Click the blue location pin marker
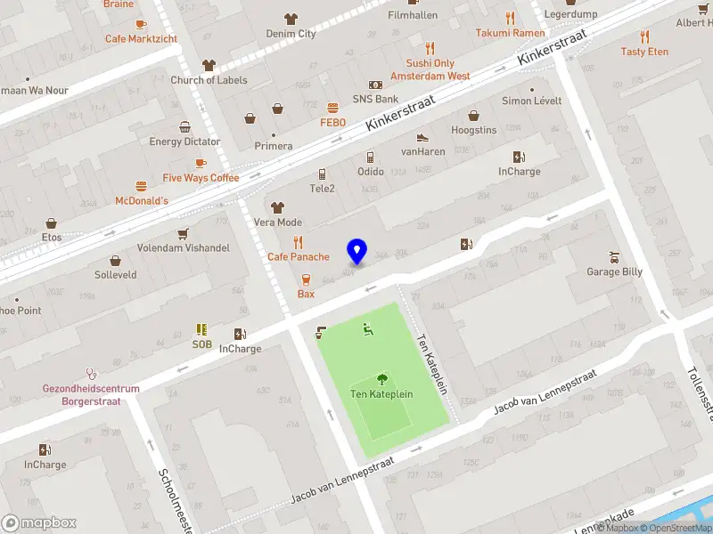coord(357,251)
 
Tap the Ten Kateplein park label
coord(381,393)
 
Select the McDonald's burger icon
coord(141,186)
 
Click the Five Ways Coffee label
coord(201,178)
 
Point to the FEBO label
coord(332,122)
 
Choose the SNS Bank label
coord(375,99)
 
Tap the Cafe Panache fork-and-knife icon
coord(299,242)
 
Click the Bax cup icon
coord(306,279)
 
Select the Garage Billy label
coord(614,271)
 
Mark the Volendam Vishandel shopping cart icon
coord(184,233)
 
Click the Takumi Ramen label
coord(510,33)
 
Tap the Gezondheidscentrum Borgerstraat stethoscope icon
coord(90,374)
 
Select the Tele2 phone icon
coord(322,174)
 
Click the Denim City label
coord(291,34)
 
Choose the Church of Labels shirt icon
coord(209,65)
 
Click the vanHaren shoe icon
coord(422,137)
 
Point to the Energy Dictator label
coord(184,142)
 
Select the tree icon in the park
coord(382,378)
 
